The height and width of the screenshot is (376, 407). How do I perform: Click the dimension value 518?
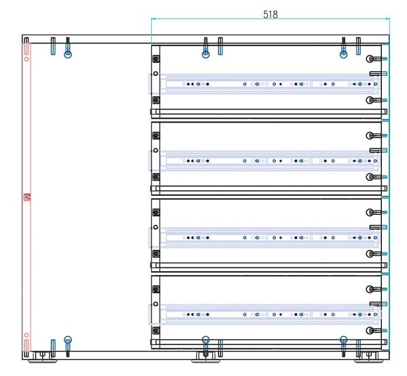271,14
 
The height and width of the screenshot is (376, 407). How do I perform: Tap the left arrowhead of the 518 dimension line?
153,19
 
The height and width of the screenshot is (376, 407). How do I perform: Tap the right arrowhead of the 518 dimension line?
388,19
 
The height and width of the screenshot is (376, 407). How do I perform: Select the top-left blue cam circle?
68,54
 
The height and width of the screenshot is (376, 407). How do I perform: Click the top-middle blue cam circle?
206,54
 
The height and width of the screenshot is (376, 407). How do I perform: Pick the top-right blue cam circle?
343,54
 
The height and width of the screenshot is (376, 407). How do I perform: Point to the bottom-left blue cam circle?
68,339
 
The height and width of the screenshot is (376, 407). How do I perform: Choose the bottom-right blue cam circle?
343,339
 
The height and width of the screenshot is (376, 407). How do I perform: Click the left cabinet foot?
42,358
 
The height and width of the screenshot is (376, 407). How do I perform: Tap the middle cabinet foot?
206,358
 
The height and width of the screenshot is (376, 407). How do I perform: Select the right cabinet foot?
368,358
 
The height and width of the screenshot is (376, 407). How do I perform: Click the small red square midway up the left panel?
27,197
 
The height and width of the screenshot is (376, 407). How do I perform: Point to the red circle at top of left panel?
26,59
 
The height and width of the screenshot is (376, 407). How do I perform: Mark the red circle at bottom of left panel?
26,335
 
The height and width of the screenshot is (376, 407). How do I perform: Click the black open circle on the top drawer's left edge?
155,74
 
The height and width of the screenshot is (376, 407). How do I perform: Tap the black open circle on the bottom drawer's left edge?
155,304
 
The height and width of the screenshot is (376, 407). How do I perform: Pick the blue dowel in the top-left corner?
53,46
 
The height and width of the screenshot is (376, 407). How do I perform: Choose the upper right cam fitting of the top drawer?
376,59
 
